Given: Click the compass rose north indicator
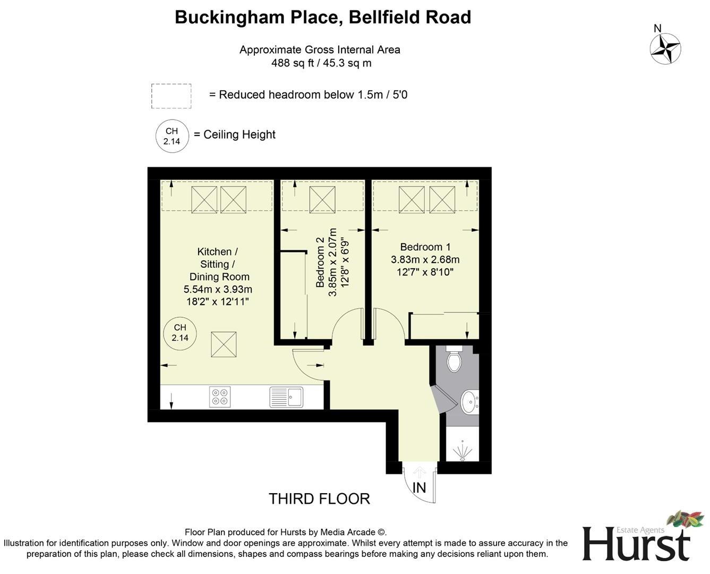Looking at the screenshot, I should coord(665,48).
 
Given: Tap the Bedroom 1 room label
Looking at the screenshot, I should coord(425,247).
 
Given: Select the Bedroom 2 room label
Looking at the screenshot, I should coord(320,263).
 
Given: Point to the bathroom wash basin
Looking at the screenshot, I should coord(469,402).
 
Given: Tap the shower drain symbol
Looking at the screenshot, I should coord(463,451).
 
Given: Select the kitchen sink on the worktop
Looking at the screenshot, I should coord(287,396).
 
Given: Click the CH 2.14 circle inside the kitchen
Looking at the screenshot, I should coord(180,333).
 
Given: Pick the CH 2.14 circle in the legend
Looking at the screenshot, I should coord(172,136).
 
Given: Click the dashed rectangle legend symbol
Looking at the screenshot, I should coord(171,96).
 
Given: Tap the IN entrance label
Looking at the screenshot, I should coord(419,487).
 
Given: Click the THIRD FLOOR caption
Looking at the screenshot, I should coord(319,499).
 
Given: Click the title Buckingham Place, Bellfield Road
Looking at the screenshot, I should coord(323,18).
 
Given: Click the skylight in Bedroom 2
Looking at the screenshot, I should coord(322,199).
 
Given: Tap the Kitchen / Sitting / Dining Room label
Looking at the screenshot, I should coord(218,264).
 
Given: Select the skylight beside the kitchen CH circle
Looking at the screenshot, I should coord(224,344).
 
